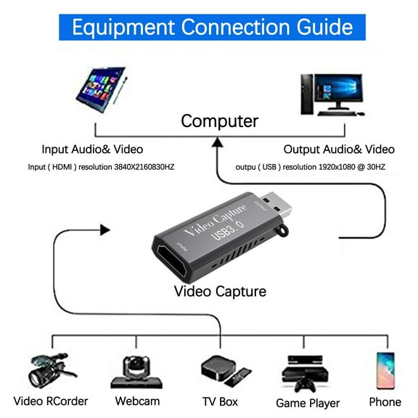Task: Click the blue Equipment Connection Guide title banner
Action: tap(209, 27)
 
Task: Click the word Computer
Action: tap(219, 121)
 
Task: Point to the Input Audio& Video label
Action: tap(92, 149)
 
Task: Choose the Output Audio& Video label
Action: tap(339, 149)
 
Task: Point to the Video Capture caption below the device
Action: tap(220, 292)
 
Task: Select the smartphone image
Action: tap(385, 371)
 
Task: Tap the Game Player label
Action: tap(308, 403)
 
